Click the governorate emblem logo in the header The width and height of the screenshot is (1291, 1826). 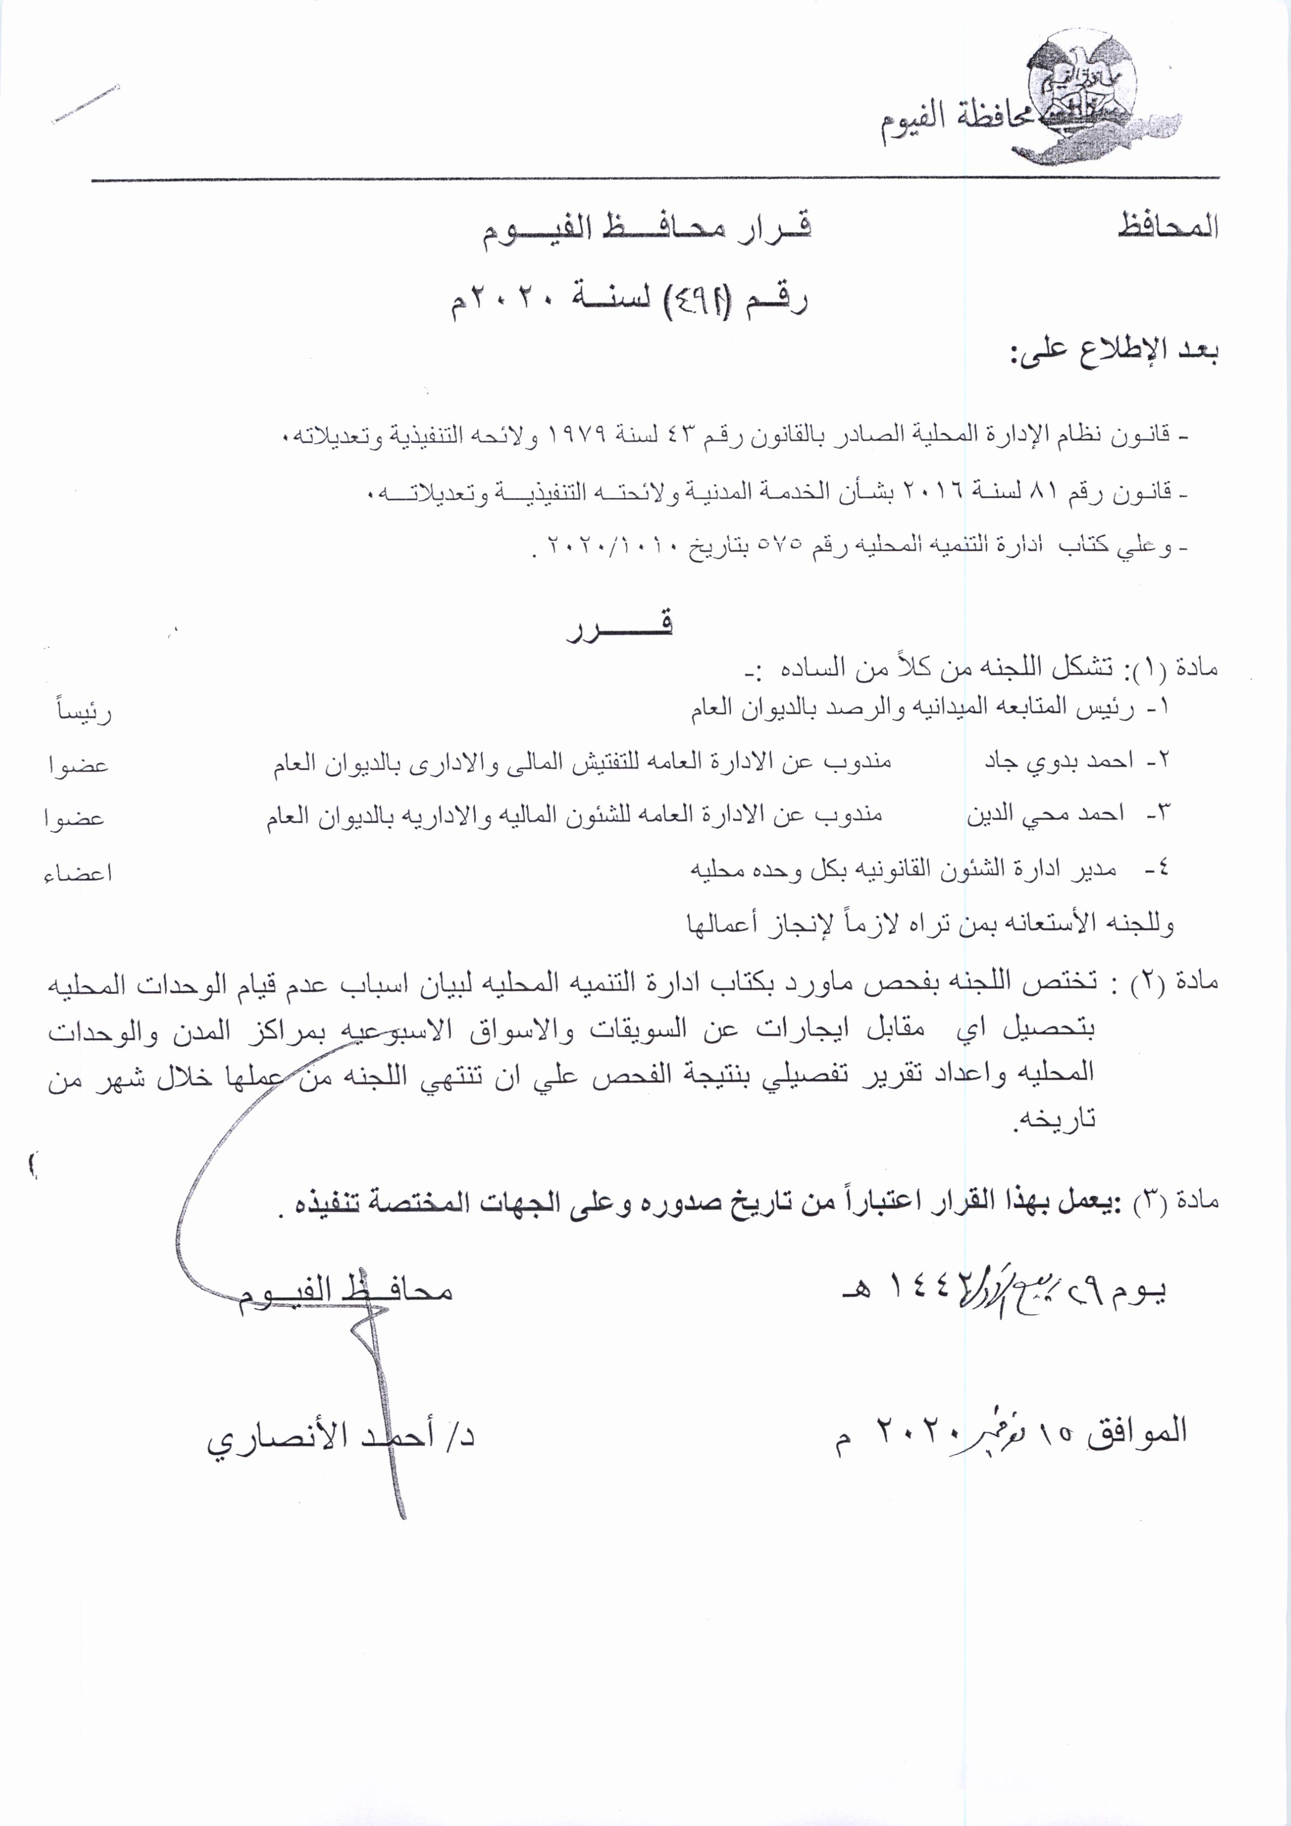click(x=1089, y=95)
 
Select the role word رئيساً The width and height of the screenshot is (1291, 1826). click(x=83, y=711)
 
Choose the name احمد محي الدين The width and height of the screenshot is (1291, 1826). click(x=1045, y=814)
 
